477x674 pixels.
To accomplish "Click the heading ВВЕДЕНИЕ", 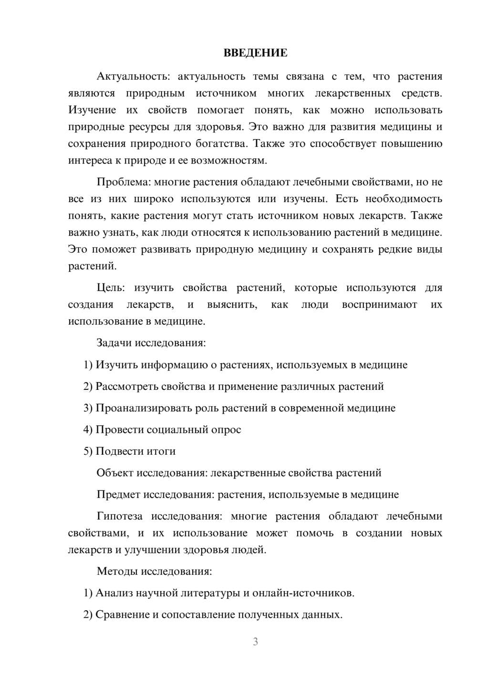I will tap(255, 53).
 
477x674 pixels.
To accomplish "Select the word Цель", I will tap(110, 288).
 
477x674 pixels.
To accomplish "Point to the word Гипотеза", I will tap(119, 516).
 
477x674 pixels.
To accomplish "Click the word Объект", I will tap(115, 473).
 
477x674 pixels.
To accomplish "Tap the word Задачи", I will tap(114, 343).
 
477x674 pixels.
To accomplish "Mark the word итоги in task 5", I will tap(162, 451).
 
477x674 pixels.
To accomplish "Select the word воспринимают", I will tap(379, 305).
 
